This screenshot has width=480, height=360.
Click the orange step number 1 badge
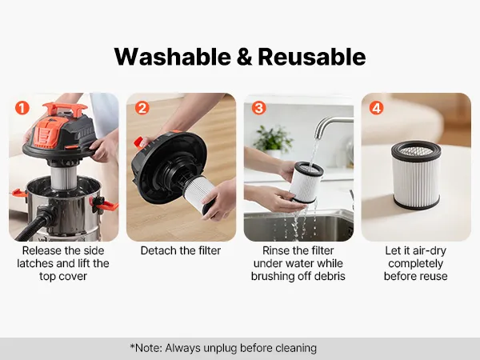point(22,108)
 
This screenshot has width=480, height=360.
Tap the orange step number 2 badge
point(142,108)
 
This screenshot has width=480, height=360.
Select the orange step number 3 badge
point(258,108)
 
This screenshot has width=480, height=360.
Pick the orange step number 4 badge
point(376,108)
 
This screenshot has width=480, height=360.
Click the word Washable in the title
point(172,57)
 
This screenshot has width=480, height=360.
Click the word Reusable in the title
point(312,57)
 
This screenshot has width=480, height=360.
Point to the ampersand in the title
point(244,58)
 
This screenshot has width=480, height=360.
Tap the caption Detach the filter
point(181,250)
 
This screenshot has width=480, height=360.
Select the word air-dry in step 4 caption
point(430,251)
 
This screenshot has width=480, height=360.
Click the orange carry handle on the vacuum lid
point(65,108)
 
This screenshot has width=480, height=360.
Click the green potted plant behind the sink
point(272,138)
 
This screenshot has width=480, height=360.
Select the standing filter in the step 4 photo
point(416,174)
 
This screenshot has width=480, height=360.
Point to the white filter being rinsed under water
point(306,182)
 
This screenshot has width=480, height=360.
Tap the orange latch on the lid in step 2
point(138,142)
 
